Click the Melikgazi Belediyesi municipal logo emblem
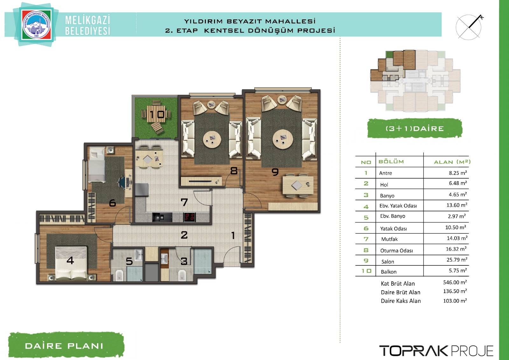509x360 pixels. pos(36,24)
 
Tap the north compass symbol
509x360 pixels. pos(469,27)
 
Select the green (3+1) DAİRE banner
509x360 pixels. pos(415,129)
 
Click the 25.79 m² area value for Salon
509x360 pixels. pos(457,260)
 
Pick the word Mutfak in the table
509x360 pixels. pos(389,239)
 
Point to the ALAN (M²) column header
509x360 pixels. pos(452,162)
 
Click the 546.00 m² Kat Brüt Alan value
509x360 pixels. pos(455,282)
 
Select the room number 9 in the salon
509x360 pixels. pos(275,172)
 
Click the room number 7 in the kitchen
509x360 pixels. pos(184,202)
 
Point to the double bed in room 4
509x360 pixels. pos(71,263)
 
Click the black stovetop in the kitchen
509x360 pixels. pos(190,217)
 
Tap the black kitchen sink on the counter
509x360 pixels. pos(162,217)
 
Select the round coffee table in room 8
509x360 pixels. pos(212,140)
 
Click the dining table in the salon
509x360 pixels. pos(298,185)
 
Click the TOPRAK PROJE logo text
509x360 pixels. pos(436,351)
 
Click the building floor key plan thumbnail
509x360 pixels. pos(415,81)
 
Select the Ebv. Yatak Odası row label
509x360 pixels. pos(398,206)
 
